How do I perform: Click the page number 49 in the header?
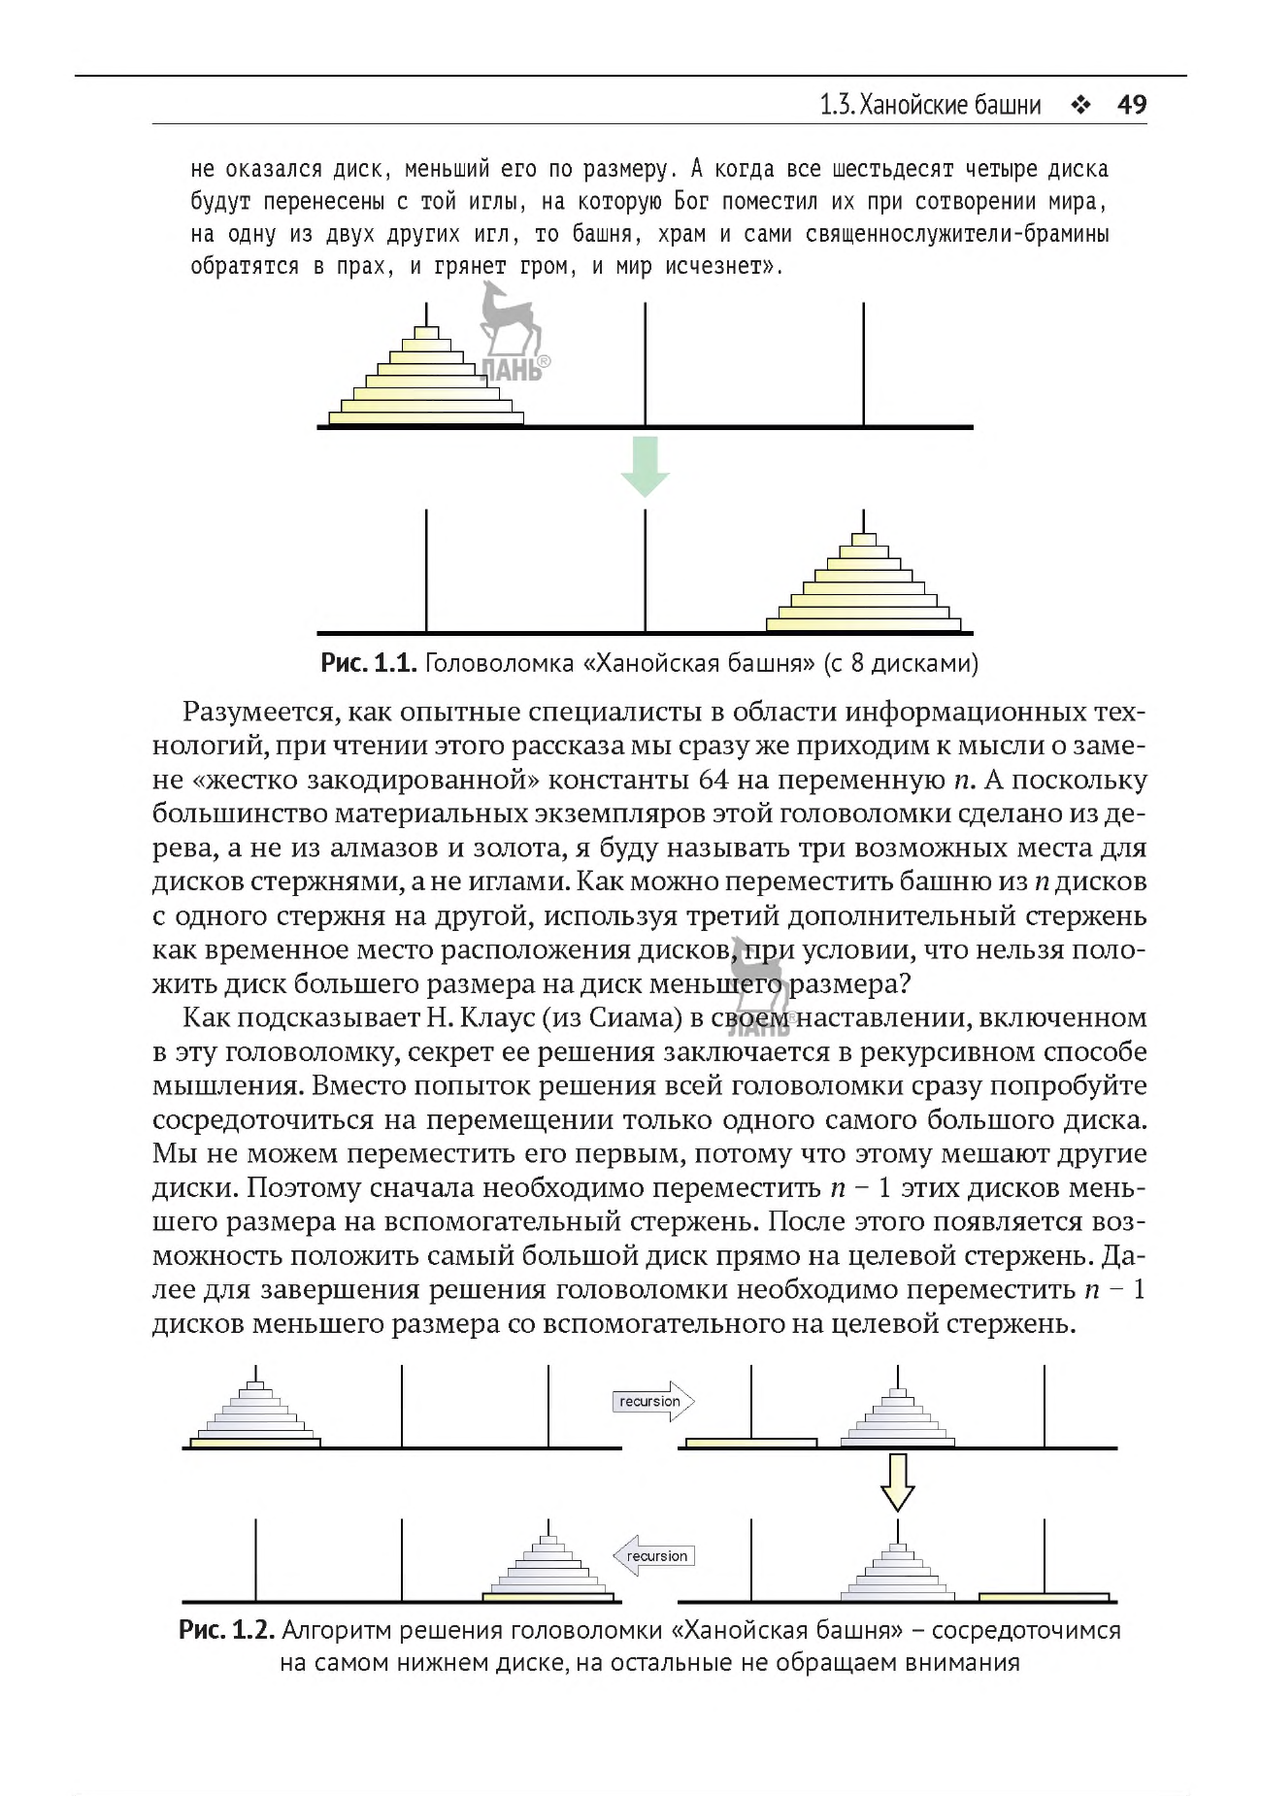click(x=1132, y=105)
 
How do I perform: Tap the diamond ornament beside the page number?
click(x=1079, y=105)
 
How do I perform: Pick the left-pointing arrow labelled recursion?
click(x=653, y=1556)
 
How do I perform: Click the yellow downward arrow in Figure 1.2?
click(x=897, y=1481)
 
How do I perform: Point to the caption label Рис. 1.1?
click(x=369, y=664)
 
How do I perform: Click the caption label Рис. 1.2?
click(x=227, y=1630)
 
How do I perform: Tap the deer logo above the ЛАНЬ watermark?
click(x=508, y=320)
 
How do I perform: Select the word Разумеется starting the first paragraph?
click(x=259, y=713)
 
